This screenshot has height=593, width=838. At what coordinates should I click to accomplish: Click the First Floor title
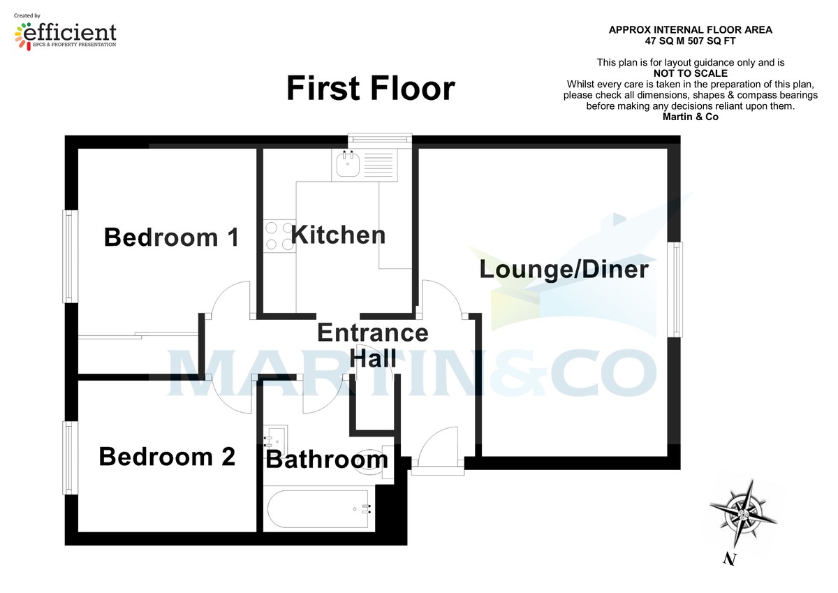point(370,89)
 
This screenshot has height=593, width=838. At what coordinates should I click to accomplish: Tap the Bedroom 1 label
point(171,237)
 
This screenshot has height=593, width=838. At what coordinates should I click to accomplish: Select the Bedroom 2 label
point(167,457)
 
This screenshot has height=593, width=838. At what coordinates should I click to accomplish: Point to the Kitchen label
point(338,235)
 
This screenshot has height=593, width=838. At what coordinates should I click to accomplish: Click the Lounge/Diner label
point(564,269)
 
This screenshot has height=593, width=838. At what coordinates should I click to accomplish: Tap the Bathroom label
point(327,460)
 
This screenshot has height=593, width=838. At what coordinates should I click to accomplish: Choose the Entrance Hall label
point(372,345)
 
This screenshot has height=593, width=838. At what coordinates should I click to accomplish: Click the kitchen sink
point(347,166)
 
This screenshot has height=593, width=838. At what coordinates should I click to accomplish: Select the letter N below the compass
point(730,559)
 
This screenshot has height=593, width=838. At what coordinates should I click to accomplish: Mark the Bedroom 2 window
point(69,457)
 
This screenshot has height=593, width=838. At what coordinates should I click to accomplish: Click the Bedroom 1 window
point(69,256)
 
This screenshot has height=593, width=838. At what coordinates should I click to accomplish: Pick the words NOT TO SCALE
point(690,73)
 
